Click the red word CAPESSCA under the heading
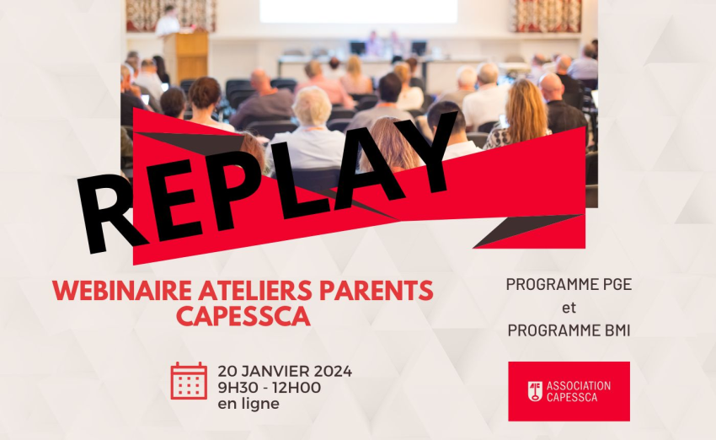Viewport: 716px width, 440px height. point(243,316)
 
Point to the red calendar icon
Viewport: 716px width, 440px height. point(189,381)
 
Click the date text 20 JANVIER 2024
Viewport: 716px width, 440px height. point(285,371)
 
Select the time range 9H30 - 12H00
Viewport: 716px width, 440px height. point(269,388)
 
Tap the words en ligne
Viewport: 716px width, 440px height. point(248,404)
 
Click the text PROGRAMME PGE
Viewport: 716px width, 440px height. point(569,284)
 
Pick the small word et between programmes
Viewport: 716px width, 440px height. point(569,308)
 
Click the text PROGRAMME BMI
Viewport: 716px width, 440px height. point(569,330)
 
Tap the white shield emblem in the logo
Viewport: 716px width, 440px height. point(535,392)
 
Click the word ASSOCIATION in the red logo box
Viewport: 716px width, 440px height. point(579,386)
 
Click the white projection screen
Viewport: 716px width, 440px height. point(359,11)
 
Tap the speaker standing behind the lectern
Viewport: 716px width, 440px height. point(168,21)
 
